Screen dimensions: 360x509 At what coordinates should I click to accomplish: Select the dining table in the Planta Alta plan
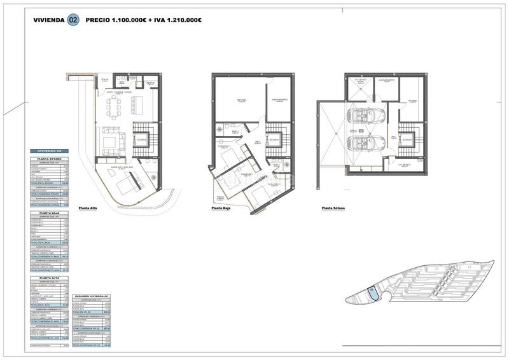tap(115, 109)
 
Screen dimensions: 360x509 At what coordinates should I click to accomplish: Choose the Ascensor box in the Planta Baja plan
tap(274, 138)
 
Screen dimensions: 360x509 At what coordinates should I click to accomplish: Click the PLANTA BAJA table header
tap(50, 214)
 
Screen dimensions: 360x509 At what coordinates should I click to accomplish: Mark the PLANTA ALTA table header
tap(50, 279)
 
